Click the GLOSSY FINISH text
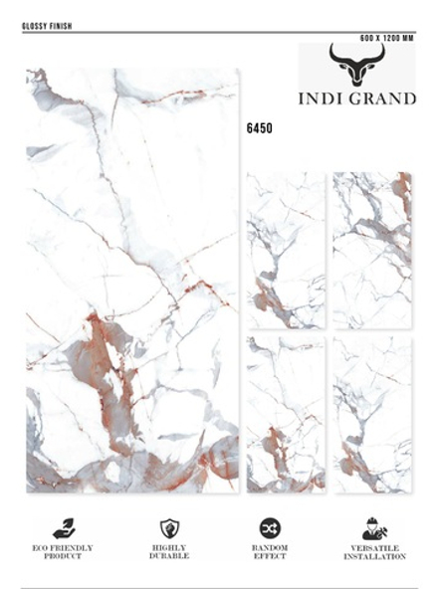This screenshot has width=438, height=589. click(46, 25)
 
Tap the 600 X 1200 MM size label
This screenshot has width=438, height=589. click(385, 36)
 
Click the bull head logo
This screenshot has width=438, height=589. click(356, 68)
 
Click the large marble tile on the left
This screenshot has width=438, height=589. click(132, 280)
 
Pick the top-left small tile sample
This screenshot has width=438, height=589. click(286, 250)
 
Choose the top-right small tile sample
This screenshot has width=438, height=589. click(372, 250)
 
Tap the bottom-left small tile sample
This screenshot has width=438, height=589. click(286, 414)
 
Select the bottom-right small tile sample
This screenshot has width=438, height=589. click(372, 414)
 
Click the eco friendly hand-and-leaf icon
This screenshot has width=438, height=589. click(64, 528)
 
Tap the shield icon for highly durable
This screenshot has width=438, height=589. click(169, 528)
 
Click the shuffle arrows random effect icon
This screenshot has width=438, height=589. click(270, 528)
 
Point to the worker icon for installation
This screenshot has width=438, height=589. click(374, 529)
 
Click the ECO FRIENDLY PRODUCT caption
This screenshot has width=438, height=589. click(64, 552)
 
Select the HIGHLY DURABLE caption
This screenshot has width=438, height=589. click(169, 552)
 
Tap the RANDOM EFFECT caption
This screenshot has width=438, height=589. click(270, 552)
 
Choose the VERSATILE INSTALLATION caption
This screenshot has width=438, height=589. click(374, 552)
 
